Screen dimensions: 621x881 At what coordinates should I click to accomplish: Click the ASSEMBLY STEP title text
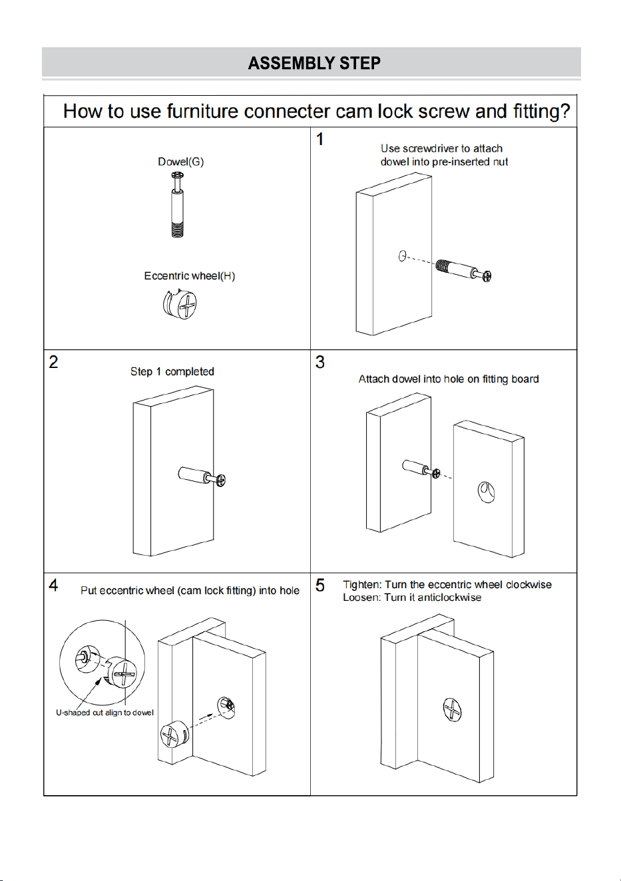pos(314,63)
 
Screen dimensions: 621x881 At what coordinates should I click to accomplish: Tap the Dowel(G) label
pos(180,162)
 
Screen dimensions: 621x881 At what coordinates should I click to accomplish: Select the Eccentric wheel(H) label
pos(189,275)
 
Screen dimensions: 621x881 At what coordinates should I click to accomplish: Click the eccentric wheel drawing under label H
pos(180,303)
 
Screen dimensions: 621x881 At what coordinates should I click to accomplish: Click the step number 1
pos(320,139)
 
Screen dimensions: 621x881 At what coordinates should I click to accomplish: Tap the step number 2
pos(53,362)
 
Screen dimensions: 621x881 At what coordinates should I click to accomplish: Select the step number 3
pos(320,362)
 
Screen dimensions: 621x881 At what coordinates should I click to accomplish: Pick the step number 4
pos(53,586)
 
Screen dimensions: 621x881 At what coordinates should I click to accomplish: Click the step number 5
pos(320,586)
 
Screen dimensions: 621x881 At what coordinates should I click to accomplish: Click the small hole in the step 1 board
pos(402,256)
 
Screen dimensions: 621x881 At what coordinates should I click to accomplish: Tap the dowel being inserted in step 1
pos(464,269)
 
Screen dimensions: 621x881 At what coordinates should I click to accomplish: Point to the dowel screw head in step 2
pos(221,480)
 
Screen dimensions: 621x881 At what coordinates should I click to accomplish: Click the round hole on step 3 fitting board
pos(486,492)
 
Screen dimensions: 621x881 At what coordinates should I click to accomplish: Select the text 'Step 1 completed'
pos(172,372)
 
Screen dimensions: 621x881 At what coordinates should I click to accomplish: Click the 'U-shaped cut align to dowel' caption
pos(104,712)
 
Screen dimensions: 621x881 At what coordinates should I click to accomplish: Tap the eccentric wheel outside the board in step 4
pos(175,735)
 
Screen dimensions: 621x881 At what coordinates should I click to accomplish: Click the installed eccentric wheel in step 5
pos(452,710)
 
